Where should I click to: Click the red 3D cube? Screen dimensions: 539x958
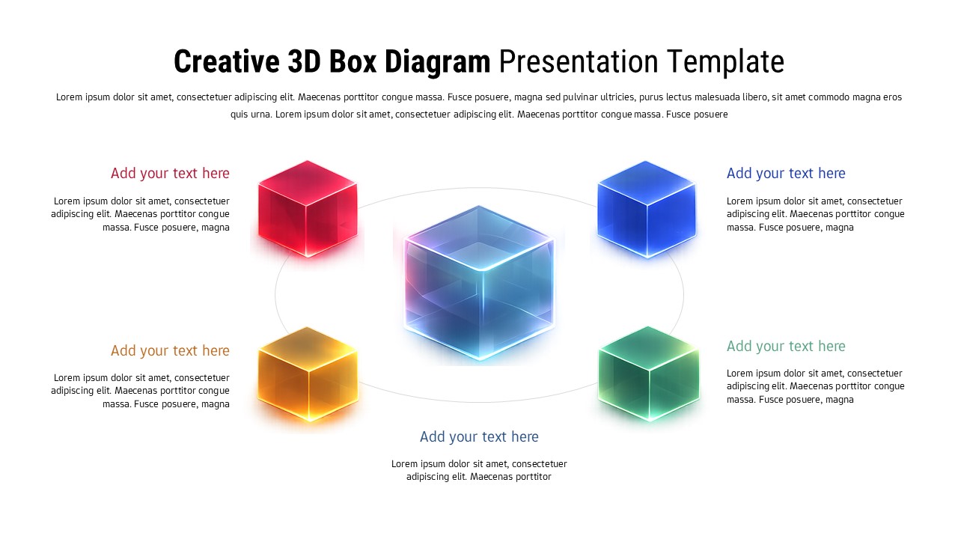(x=308, y=209)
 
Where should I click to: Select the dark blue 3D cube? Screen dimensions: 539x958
(x=647, y=210)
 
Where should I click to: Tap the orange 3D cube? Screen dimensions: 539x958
(x=308, y=374)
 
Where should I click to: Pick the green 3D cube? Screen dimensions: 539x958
(x=648, y=374)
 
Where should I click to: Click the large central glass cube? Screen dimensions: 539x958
(x=480, y=284)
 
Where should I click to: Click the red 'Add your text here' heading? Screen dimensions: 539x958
(x=170, y=174)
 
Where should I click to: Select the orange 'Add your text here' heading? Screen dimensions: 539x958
(x=170, y=351)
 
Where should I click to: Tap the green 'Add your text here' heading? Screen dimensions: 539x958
(x=786, y=347)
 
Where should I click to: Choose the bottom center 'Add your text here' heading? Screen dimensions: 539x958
(x=479, y=437)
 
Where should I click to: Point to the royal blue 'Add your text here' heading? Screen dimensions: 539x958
(x=786, y=174)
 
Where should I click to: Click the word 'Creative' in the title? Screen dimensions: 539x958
(x=227, y=62)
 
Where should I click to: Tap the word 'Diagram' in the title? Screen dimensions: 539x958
(x=438, y=62)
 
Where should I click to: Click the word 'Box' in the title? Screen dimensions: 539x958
(x=355, y=62)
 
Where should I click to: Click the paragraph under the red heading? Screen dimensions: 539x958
(x=141, y=214)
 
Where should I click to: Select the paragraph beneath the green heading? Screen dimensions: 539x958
(x=815, y=386)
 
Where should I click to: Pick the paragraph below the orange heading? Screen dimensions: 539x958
(x=141, y=391)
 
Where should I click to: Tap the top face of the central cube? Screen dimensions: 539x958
(x=480, y=237)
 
